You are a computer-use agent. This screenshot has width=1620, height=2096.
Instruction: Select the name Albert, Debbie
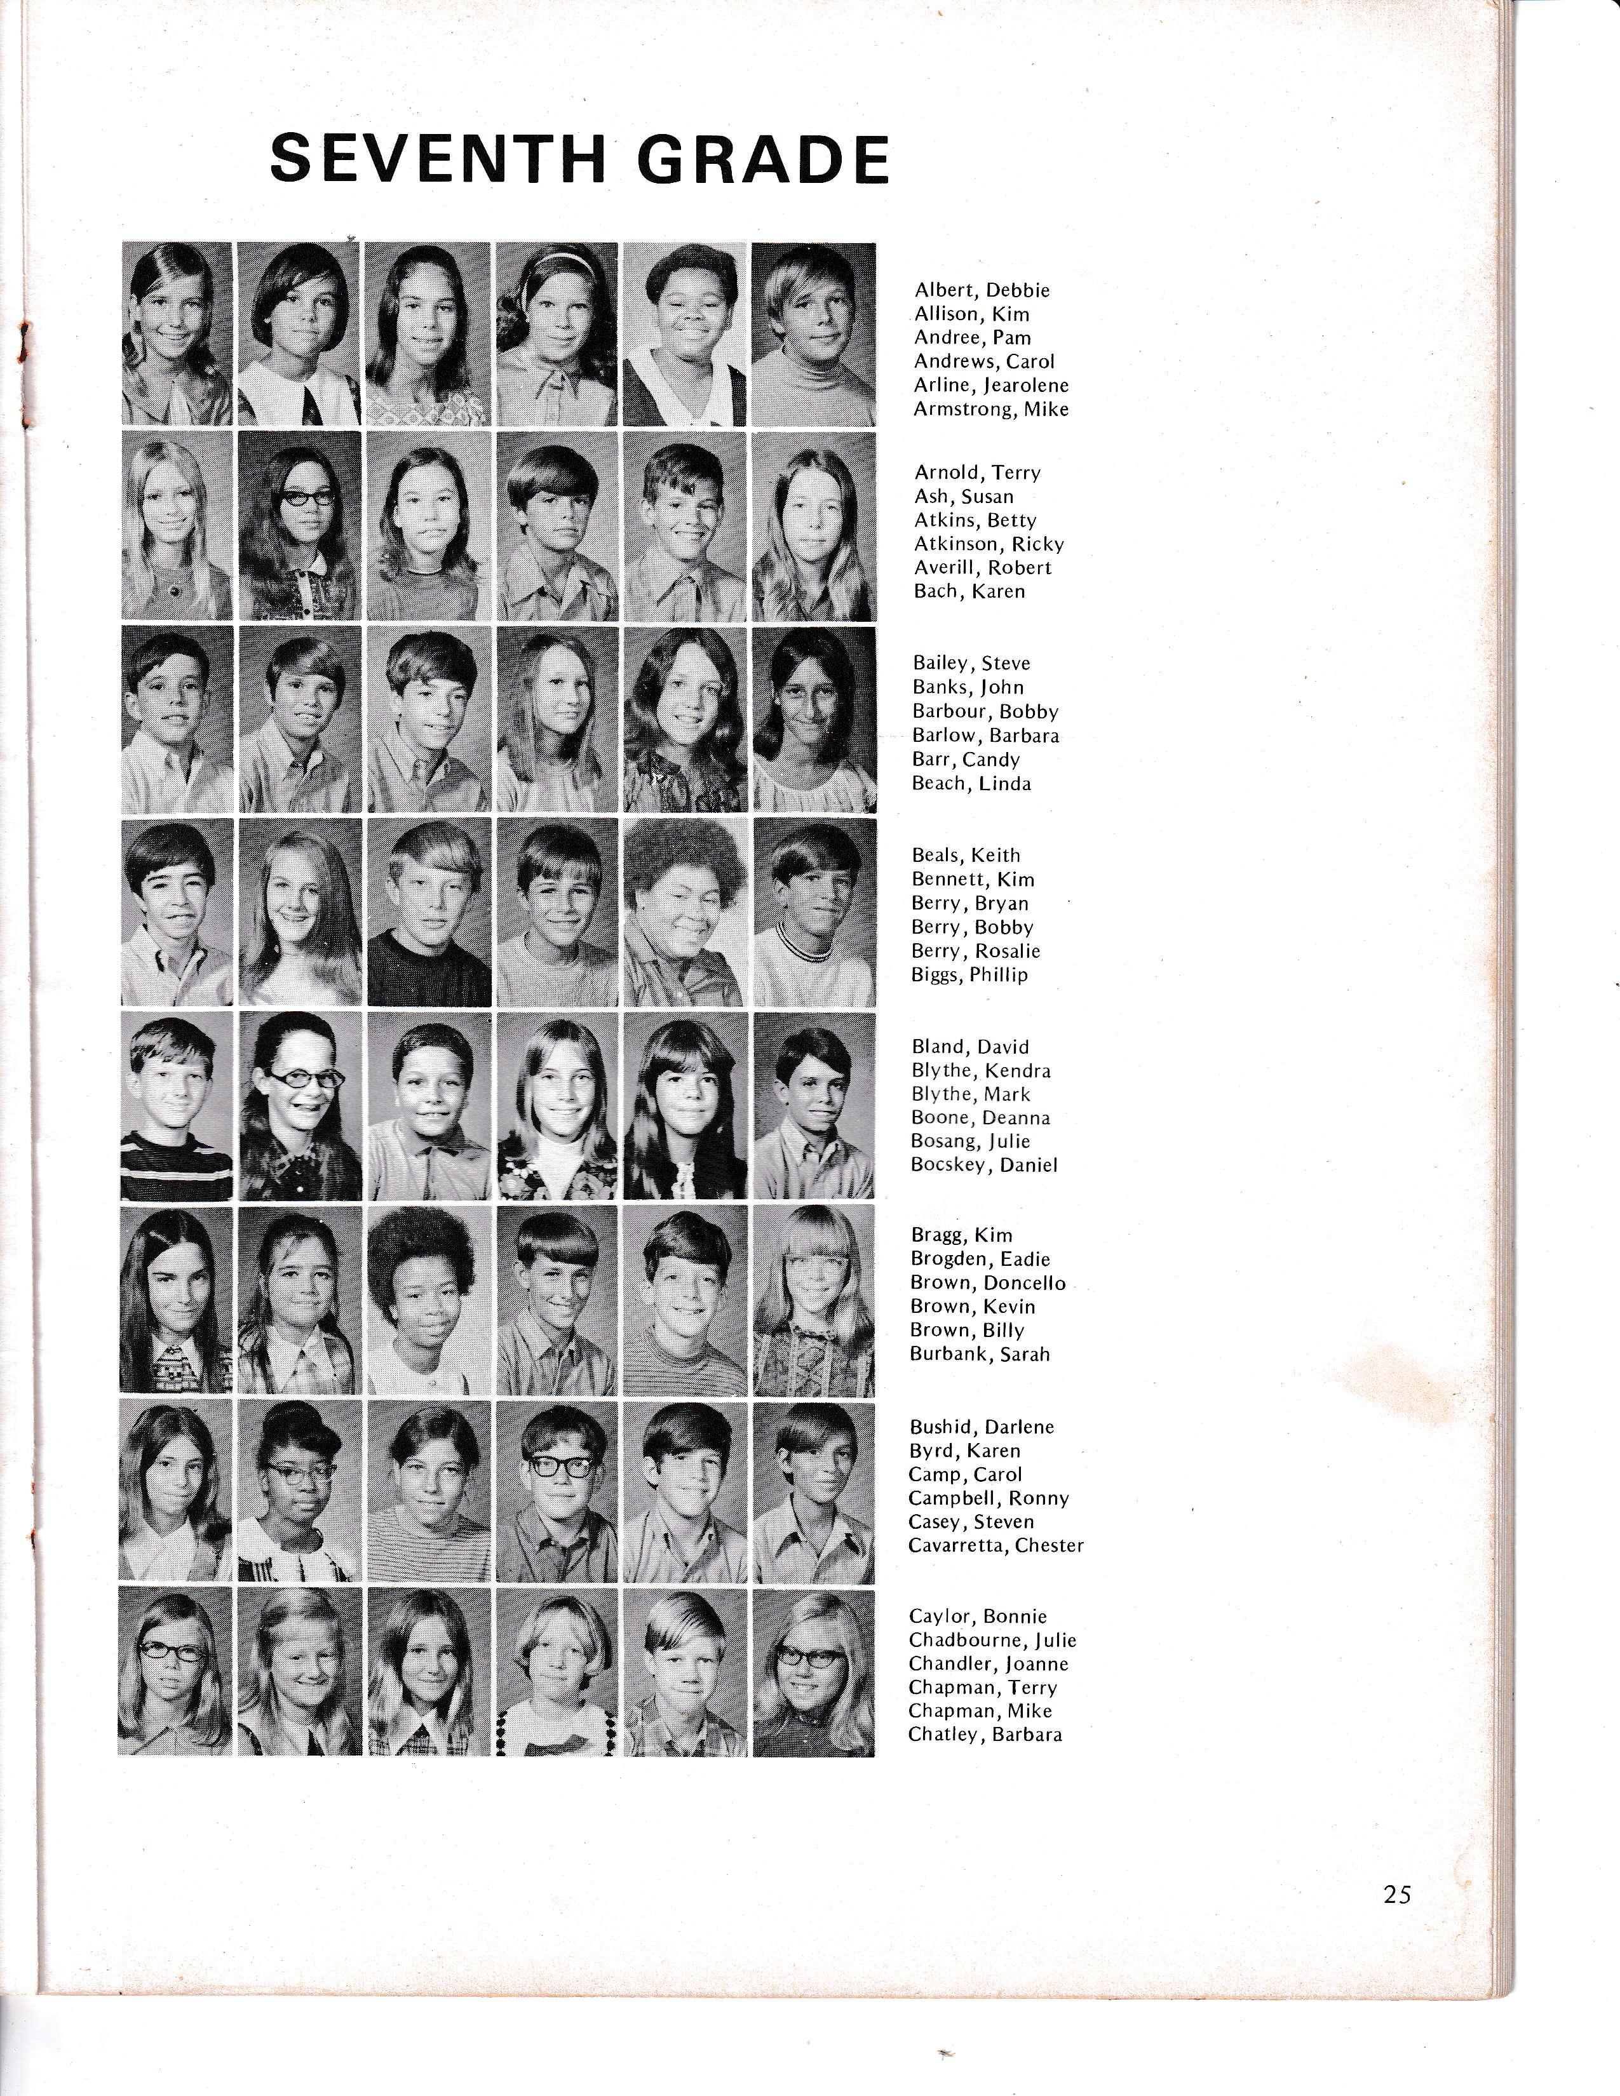(982, 290)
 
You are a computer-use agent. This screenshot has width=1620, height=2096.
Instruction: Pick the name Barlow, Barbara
(985, 735)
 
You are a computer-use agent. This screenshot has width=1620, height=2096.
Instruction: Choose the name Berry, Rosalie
(976, 951)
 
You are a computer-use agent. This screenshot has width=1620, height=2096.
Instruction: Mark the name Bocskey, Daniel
(983, 1165)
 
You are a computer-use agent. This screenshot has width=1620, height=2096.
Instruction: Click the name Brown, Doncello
(987, 1283)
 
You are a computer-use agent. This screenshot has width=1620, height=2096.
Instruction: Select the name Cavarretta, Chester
(996, 1545)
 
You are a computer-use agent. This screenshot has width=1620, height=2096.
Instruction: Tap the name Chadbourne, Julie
(992, 1640)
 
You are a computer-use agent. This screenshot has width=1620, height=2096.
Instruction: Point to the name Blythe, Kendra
(981, 1070)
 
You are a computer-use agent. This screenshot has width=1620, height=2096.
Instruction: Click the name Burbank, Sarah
(980, 1354)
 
